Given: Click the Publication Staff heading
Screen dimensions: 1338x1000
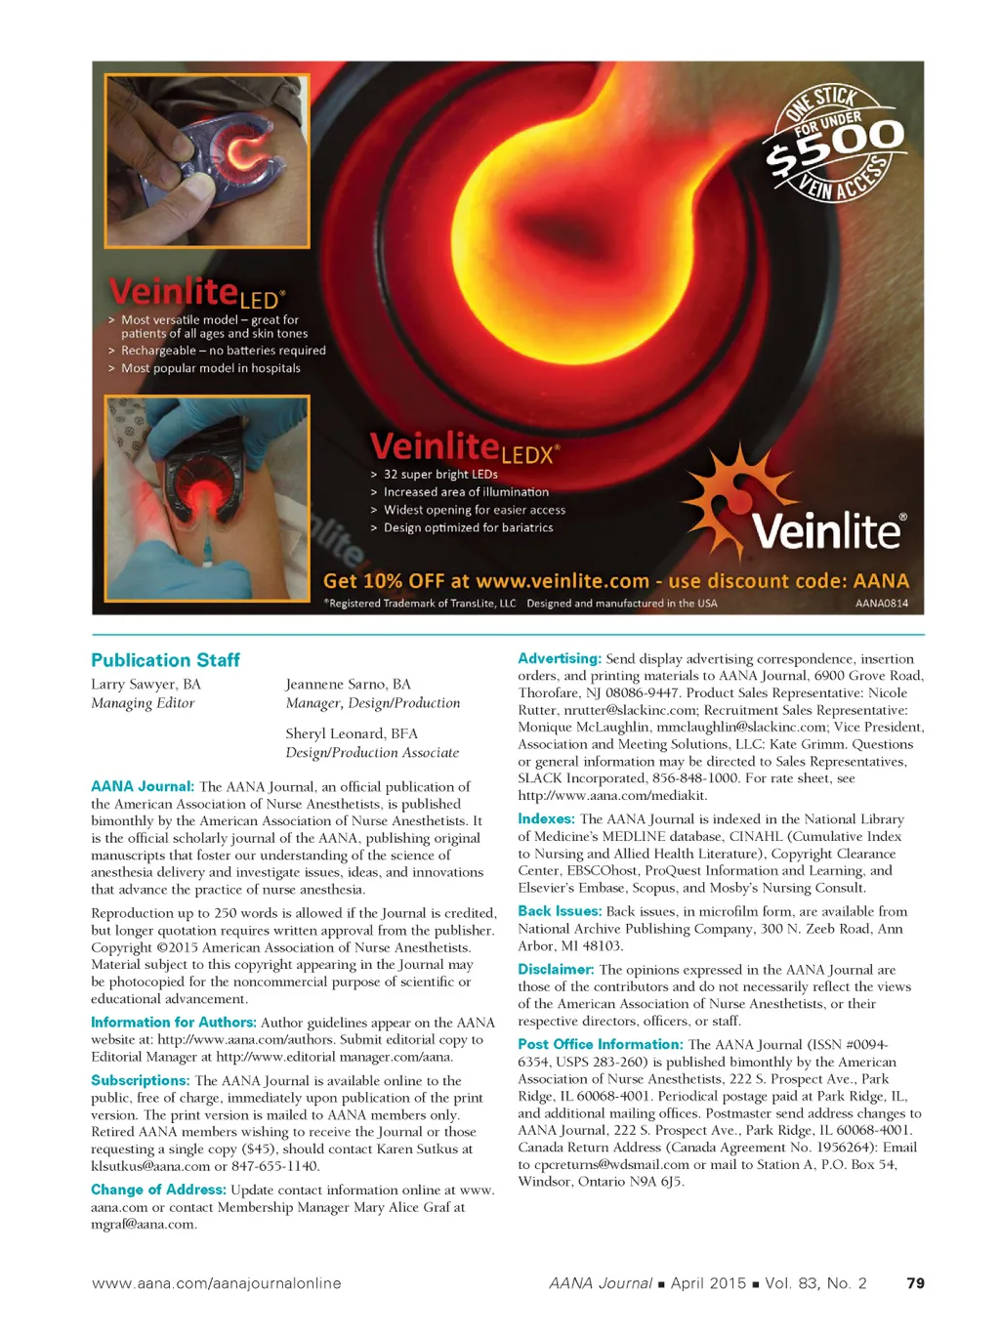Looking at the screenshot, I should point(165,660).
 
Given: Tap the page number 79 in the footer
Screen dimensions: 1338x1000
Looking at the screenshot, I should point(915,1283).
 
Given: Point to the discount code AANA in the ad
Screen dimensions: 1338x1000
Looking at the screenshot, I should point(881,581).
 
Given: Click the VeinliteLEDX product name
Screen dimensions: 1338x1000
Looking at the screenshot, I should point(464,448).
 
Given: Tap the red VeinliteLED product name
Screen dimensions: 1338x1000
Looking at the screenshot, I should point(195,292).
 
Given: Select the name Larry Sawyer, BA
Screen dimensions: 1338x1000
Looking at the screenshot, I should point(146,685).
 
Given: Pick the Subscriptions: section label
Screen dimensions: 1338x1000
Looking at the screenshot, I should point(140,1080).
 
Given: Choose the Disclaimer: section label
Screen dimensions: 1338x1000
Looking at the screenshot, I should point(556,970).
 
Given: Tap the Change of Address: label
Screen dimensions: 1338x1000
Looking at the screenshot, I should point(158,1190).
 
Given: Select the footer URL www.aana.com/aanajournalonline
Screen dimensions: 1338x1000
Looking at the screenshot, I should point(216,1283).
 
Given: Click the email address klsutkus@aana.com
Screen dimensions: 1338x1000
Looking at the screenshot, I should point(150,1166).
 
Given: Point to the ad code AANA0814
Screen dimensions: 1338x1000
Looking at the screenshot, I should point(881,604).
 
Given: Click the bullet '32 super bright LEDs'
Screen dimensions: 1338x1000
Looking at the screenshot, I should point(440,475).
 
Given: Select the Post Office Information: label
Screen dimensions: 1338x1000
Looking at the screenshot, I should point(600,1044).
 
